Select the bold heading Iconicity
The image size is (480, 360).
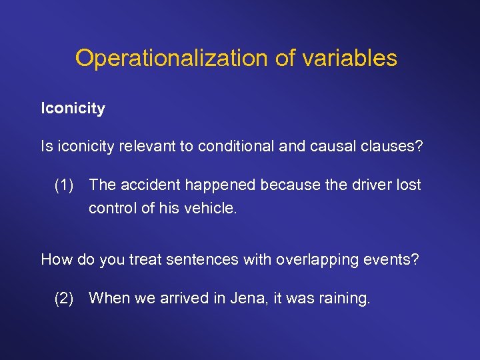[73, 108]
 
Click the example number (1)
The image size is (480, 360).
[65, 185]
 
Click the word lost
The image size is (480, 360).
[409, 185]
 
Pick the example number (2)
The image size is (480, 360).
[65, 298]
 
